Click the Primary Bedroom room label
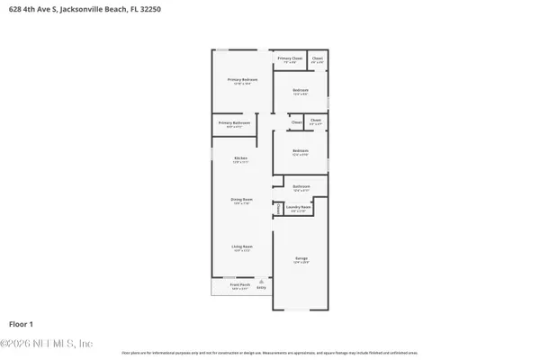point(242,80)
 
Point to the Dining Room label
point(240,200)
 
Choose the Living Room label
point(242,247)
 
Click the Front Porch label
point(239,285)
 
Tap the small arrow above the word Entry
point(262,280)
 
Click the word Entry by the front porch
point(262,288)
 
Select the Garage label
point(301,259)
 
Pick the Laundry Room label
point(299,208)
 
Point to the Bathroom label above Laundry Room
point(301,187)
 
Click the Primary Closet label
point(290,58)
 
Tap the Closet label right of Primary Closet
point(317,58)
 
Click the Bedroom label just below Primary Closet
point(301,90)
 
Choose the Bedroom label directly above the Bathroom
point(301,151)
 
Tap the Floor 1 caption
point(22,322)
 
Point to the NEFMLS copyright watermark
point(47,343)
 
